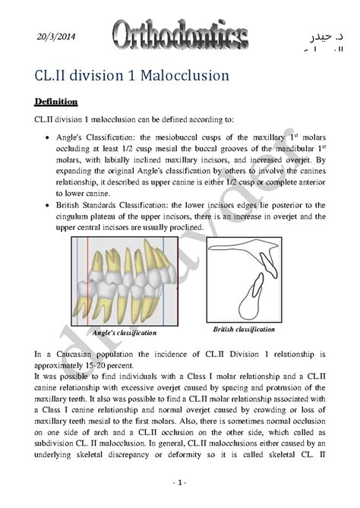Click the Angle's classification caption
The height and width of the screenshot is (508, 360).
click(x=124, y=333)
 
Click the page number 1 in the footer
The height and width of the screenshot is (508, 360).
click(x=179, y=483)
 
